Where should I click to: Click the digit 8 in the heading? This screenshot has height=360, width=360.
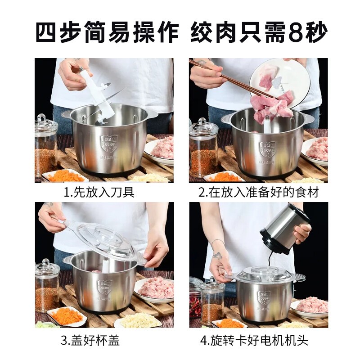coord(298,32)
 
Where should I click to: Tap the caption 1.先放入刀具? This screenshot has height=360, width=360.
coord(99,192)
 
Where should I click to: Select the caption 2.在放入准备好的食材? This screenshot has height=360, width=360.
coord(259,192)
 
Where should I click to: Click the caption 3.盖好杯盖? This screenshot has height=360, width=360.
coord(90,340)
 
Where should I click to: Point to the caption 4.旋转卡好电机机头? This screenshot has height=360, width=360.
coord(254,340)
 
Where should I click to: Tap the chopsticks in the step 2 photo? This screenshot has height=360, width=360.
coord(232,78)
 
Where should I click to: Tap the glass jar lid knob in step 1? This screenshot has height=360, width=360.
coord(42,117)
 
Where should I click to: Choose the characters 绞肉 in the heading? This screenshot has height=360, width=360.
coord(213,32)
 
